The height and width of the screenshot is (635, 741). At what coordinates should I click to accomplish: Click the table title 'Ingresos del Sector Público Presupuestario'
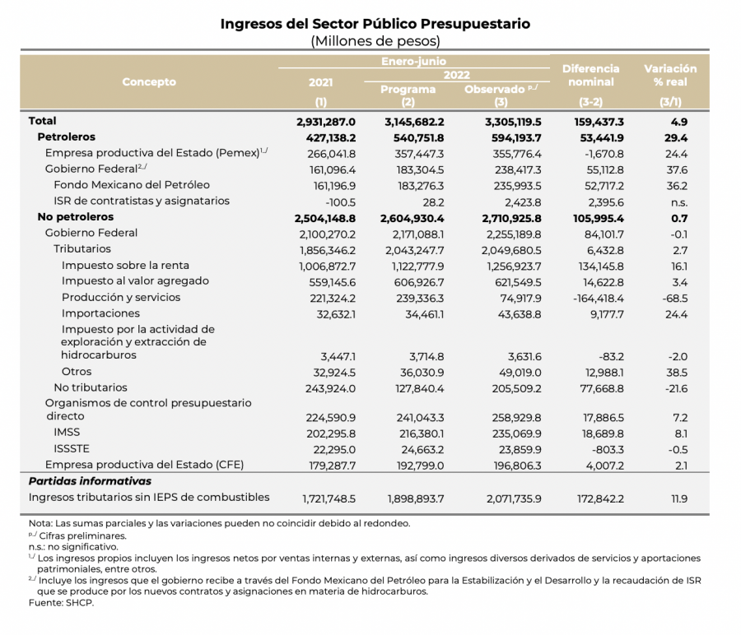[x=375, y=24]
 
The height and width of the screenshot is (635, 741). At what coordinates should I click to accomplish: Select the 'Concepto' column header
[x=149, y=82]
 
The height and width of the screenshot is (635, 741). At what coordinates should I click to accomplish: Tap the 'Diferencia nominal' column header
[x=591, y=76]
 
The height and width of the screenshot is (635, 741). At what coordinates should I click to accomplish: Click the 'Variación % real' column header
[x=669, y=76]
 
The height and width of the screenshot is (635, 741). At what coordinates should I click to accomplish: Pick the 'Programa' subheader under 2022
[x=408, y=90]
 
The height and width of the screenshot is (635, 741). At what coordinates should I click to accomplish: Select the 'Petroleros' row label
[x=67, y=137]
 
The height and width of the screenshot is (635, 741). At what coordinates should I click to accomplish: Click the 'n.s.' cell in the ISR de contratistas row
[x=678, y=202]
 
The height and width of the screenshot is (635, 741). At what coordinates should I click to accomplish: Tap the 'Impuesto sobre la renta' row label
[x=125, y=266]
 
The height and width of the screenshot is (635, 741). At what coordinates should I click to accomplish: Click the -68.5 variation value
[x=677, y=298]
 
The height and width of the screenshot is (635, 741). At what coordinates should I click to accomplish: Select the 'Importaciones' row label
[x=100, y=313]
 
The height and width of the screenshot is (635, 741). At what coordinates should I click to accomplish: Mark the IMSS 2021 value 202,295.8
[x=329, y=433]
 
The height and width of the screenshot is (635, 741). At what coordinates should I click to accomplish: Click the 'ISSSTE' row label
[x=72, y=449]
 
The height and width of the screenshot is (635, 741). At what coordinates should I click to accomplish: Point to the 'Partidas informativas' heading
[x=90, y=481]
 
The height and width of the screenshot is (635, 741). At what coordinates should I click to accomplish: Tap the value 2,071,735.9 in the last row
[x=506, y=498]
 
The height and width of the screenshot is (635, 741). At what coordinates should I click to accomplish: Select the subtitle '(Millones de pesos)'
[x=375, y=41]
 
